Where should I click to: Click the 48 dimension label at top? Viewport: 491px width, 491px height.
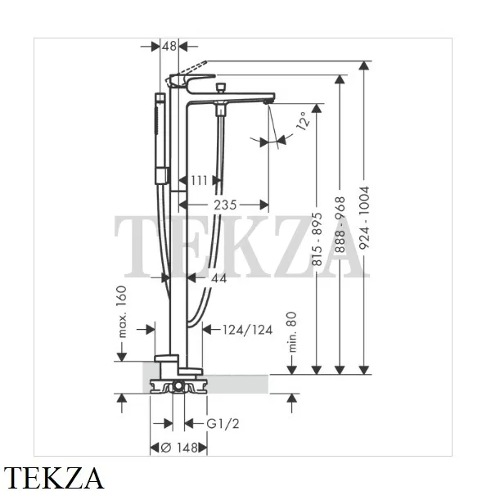[x=169, y=47]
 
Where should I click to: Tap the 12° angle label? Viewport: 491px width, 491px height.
[x=303, y=121]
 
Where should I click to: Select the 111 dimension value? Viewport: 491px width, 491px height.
[x=199, y=180]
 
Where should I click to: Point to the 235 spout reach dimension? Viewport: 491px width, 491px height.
[x=225, y=205]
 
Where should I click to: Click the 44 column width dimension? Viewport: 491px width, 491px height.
[x=218, y=278]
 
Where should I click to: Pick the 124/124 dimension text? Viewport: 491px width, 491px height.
[x=248, y=330]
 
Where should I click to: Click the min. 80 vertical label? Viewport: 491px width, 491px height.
[x=291, y=332]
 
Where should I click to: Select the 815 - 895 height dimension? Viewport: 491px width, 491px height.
[x=317, y=239]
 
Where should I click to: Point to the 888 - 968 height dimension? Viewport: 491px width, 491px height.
[x=340, y=224]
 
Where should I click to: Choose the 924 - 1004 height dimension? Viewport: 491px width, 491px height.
[x=364, y=218]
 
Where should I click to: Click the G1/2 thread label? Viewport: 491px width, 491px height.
[x=223, y=424]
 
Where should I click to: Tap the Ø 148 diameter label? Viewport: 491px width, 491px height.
[x=179, y=448]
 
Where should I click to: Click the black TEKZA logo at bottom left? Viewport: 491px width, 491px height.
[x=53, y=478]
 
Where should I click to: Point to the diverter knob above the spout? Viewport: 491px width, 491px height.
[x=222, y=88]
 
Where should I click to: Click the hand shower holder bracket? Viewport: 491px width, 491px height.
[x=163, y=175]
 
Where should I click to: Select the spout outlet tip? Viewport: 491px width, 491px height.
[x=267, y=101]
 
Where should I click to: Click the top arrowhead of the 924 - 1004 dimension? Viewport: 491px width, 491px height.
[x=364, y=65]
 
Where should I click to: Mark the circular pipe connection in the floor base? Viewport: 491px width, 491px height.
[x=178, y=385]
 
